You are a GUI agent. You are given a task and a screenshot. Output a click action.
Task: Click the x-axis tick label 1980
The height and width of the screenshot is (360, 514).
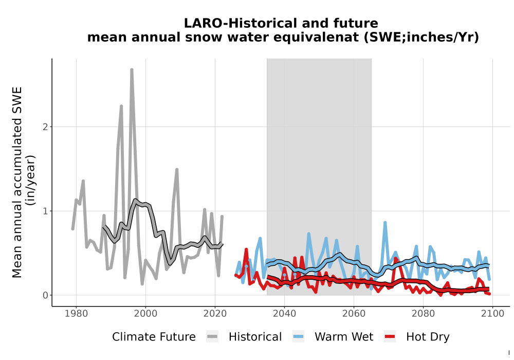(x=77, y=314)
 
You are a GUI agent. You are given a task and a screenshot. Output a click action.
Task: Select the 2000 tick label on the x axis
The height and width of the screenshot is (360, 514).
(x=145, y=314)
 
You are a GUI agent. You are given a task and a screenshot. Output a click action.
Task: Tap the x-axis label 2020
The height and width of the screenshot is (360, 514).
(x=215, y=314)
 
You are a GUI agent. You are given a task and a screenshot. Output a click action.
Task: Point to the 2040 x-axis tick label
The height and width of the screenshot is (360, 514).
(x=284, y=314)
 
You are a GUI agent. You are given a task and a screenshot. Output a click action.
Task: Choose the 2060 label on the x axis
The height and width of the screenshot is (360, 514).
(x=354, y=314)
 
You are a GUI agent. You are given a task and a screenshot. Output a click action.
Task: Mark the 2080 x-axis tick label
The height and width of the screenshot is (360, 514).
(x=423, y=314)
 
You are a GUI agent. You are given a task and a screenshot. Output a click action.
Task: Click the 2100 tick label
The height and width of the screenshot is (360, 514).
(x=492, y=314)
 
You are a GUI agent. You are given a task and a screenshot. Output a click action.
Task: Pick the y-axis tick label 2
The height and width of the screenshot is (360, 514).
(x=45, y=127)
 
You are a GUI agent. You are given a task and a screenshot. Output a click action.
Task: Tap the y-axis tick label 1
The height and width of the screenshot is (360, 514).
(x=45, y=211)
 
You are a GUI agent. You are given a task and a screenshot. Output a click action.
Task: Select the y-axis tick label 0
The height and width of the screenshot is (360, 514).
(x=45, y=295)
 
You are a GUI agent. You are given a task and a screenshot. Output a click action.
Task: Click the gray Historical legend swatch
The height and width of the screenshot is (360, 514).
(x=212, y=337)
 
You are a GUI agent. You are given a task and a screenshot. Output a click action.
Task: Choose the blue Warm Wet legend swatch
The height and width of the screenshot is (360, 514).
(x=298, y=337)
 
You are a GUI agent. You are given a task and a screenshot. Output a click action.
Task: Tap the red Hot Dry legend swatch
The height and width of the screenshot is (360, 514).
(x=390, y=337)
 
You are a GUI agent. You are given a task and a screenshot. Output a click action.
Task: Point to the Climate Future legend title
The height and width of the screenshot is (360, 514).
(x=154, y=337)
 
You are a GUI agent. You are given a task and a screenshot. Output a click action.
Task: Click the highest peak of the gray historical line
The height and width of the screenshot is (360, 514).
(x=132, y=69)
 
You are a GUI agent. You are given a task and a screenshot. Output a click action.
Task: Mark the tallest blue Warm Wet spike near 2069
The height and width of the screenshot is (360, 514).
(x=385, y=223)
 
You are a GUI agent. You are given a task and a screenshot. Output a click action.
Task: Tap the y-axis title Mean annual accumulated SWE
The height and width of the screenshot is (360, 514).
(x=17, y=182)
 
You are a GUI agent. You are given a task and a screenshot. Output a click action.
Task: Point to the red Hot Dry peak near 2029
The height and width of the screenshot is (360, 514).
(x=246, y=249)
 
